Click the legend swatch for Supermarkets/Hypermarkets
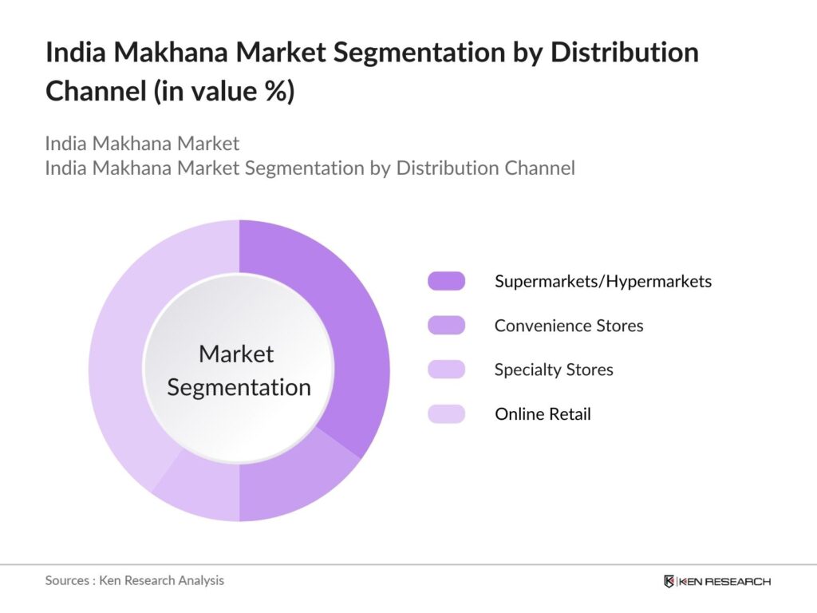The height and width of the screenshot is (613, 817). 446,281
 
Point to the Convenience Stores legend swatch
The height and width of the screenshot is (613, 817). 446,326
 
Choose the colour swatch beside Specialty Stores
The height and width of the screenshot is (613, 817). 446,370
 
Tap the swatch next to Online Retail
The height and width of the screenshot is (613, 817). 446,414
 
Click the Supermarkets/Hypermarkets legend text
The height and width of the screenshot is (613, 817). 602,281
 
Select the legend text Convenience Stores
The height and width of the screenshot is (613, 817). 568,326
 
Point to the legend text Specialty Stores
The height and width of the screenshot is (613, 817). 553,370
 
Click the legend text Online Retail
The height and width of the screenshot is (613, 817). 543,414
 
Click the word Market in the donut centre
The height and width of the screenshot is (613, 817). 236,354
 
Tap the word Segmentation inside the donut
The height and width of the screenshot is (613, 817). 239,388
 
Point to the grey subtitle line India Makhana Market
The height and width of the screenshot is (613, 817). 142,144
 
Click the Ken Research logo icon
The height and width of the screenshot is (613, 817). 669,581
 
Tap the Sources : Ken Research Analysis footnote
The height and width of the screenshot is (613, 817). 134,580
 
